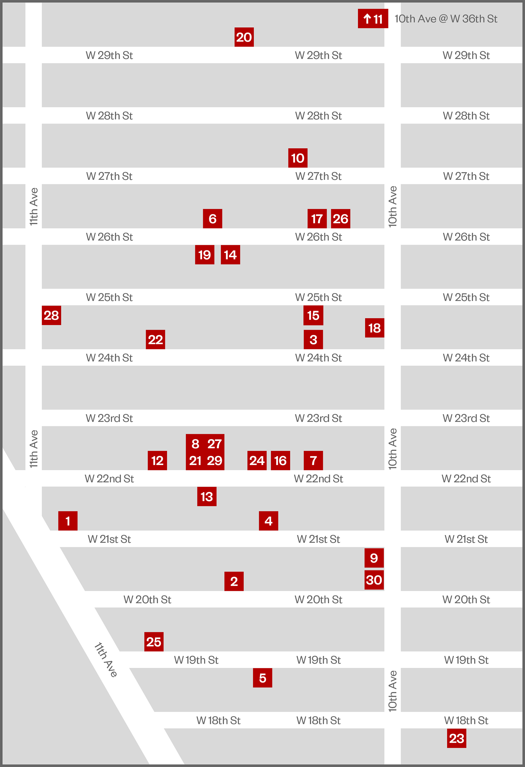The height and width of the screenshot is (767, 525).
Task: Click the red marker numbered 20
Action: pos(244,37)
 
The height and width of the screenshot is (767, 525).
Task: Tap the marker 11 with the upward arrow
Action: pos(373,18)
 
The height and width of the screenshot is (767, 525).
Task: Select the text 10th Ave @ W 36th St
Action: pos(446,19)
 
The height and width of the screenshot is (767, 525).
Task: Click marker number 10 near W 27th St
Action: pos(298,158)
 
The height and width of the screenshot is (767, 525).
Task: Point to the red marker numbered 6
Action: pos(213,219)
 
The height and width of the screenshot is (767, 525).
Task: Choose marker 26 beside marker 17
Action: pos(341,219)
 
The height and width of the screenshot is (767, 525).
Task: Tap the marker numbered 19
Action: pos(205,254)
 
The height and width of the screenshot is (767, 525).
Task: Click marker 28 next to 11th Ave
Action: pos(52,315)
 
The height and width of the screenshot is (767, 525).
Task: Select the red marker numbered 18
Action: pos(374,328)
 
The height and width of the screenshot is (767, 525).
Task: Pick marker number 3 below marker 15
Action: pos(313,339)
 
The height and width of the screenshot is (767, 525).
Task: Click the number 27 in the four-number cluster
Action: pos(215,444)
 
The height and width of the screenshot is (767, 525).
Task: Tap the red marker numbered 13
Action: pos(207,496)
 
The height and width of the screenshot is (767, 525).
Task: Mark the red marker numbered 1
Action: pos(68,521)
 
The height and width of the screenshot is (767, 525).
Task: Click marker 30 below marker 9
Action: pos(374,580)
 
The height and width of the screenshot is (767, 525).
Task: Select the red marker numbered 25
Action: pos(154,642)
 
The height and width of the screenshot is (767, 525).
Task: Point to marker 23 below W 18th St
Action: pos(457,738)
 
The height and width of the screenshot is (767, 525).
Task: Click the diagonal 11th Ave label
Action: pos(106,660)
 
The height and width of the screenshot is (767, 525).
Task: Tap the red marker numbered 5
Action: pos(263,678)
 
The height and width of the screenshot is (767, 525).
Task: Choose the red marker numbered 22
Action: pos(156,339)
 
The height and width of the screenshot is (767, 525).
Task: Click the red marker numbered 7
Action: pos(313,460)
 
